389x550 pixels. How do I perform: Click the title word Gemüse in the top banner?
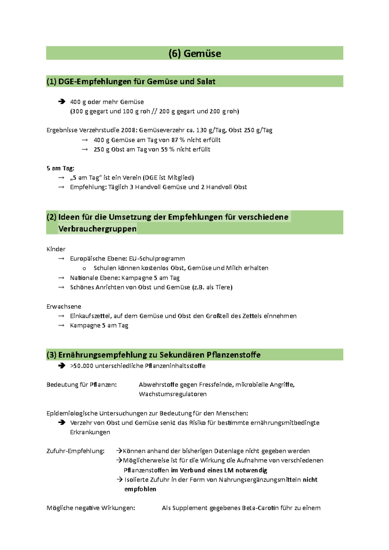tap(202, 53)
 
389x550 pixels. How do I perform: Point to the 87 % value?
tap(178, 140)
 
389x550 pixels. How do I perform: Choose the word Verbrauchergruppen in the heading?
tap(97, 229)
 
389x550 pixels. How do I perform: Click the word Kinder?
tap(56, 249)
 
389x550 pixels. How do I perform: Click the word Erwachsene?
tap(64, 306)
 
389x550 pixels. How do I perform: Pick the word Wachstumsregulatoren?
tap(173, 394)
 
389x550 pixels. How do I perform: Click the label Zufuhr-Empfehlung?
tap(76, 451)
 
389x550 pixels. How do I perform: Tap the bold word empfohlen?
tap(140, 489)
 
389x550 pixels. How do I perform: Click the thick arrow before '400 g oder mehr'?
tap(62, 102)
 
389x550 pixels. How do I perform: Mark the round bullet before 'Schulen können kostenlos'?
tap(84, 268)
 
